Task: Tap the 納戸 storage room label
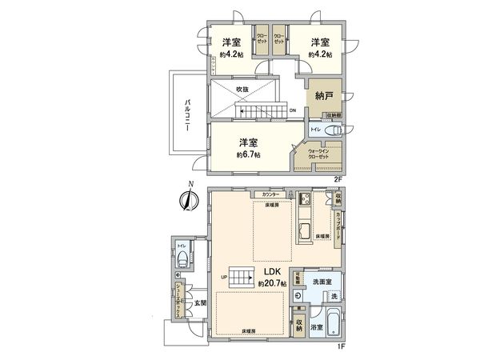[x=325, y=95]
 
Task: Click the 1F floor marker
[x=339, y=346]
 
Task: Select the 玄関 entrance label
[x=200, y=302]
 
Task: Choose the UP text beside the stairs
[x=224, y=278]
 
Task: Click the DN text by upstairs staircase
[x=292, y=110]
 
